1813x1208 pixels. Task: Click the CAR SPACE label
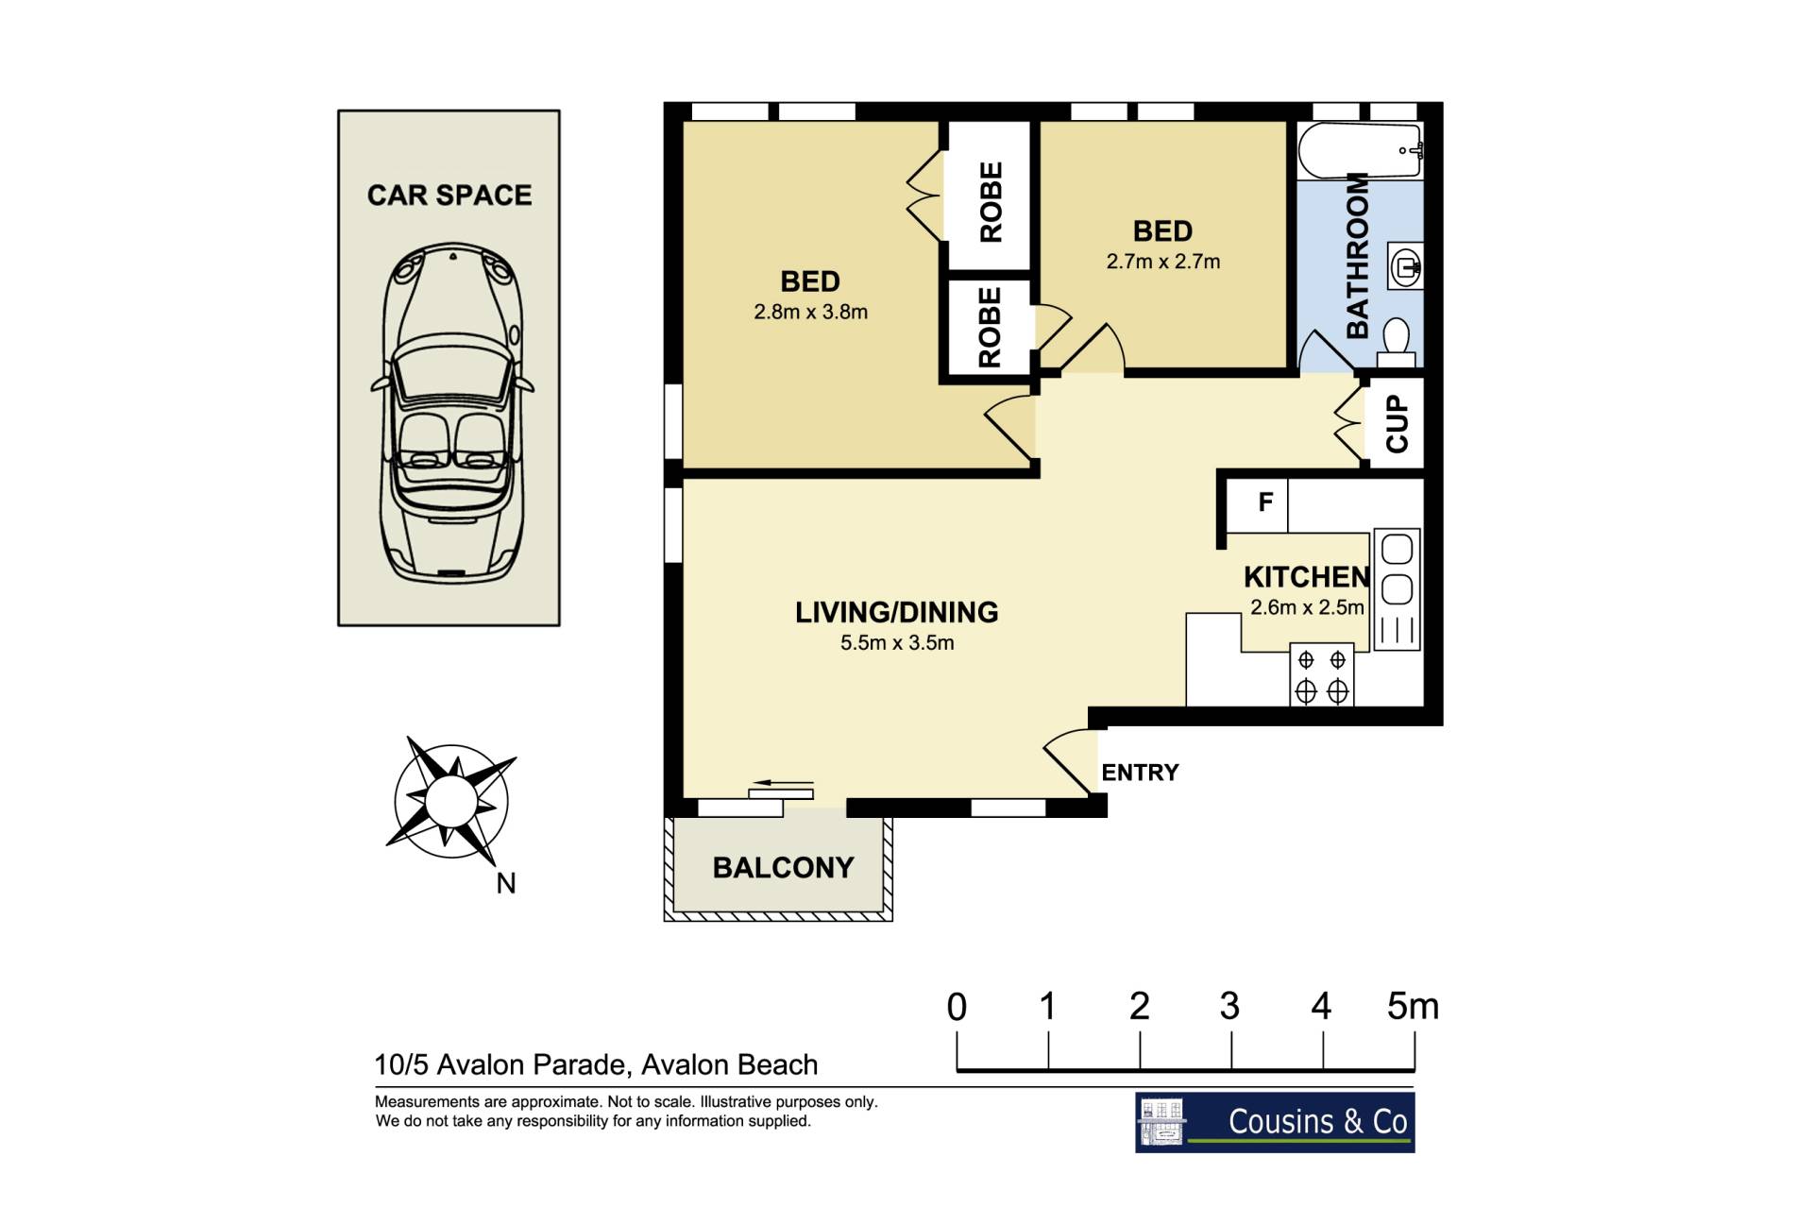coord(449,195)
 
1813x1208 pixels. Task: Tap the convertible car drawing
coord(451,413)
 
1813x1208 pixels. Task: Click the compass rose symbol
coord(451,801)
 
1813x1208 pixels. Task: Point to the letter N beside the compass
coord(506,883)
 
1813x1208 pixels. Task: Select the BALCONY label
coord(783,868)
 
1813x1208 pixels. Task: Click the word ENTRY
coord(1140,773)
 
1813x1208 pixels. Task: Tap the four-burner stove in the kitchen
coord(1322,675)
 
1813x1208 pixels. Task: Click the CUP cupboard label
coord(1397,423)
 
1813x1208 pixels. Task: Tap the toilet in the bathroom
coord(1396,342)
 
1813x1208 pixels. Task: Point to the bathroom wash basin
coord(1404,265)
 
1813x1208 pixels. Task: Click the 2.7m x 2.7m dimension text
coord(1163,262)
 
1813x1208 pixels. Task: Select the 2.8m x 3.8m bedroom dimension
coord(810,312)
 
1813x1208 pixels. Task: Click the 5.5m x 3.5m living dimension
coord(897,643)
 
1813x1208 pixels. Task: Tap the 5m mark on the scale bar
coord(1413,1007)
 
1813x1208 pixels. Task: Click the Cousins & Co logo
coord(1275,1122)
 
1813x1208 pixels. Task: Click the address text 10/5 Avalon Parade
coord(501,1065)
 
